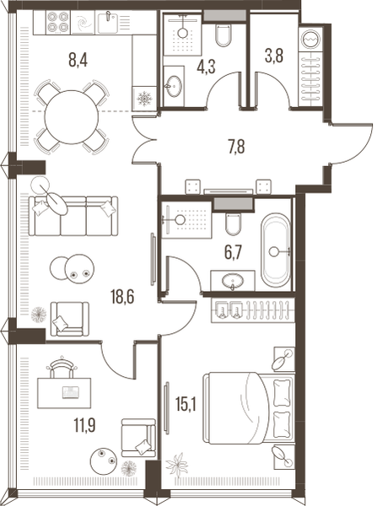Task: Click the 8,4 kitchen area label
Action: (78, 60)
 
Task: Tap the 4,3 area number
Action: (206, 67)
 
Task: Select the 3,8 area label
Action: (274, 56)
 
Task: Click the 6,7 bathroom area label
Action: (233, 252)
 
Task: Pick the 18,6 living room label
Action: (122, 297)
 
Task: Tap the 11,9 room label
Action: (84, 425)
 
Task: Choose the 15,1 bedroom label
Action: (186, 404)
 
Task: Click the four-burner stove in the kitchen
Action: (58, 22)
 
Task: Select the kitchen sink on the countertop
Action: (108, 22)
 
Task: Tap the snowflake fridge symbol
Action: (144, 99)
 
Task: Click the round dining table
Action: (72, 117)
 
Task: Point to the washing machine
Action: (311, 39)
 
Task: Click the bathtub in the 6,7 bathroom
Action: (276, 250)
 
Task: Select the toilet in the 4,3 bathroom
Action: (224, 35)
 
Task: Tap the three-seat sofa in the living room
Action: (73, 216)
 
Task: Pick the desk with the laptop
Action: (64, 393)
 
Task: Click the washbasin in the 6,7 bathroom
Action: (233, 281)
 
